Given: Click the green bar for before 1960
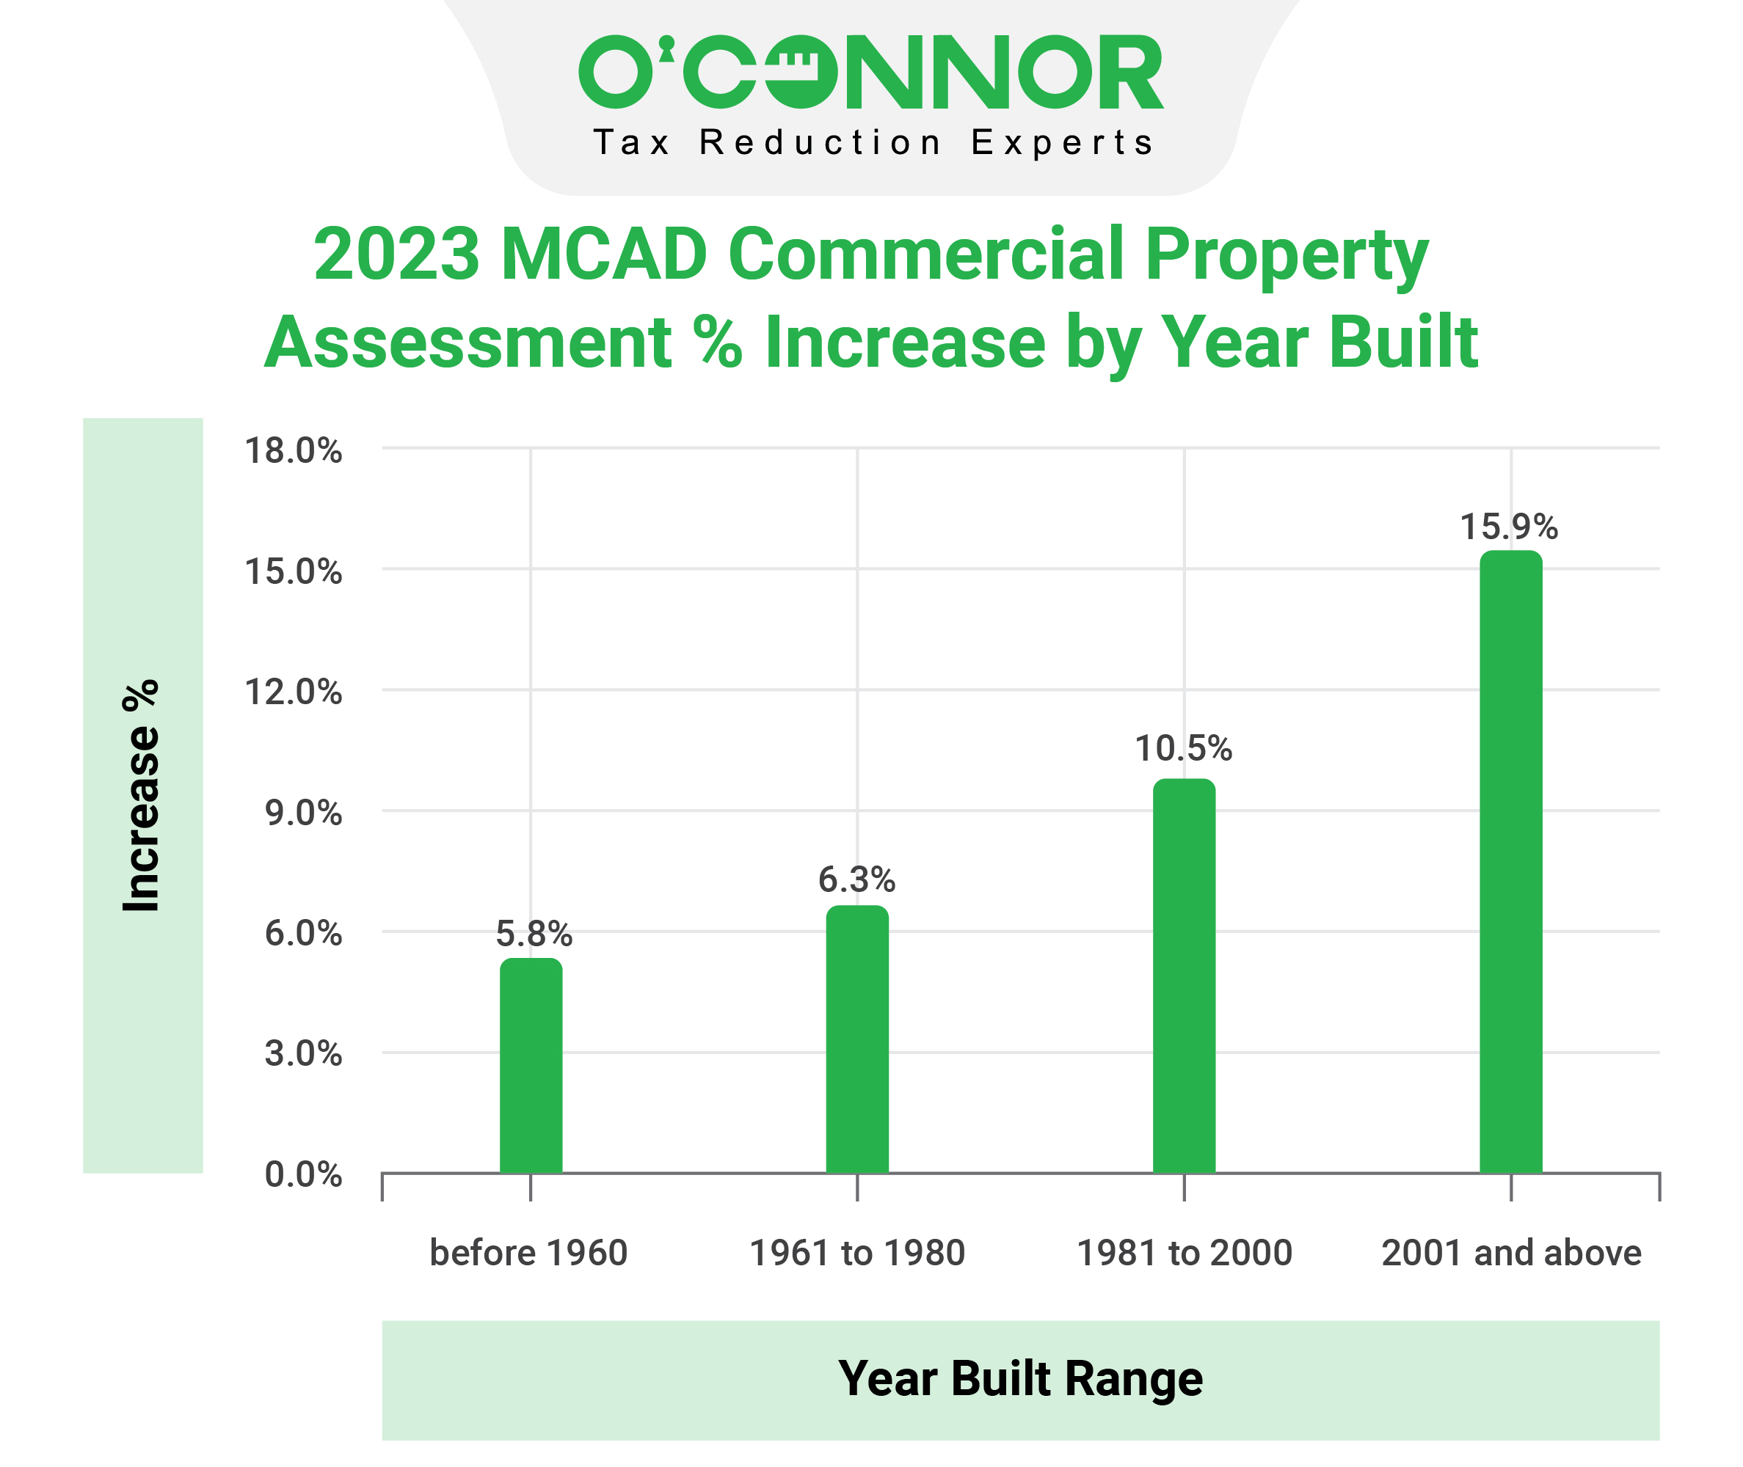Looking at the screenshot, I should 531,1067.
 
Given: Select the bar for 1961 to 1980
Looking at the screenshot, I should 857,1039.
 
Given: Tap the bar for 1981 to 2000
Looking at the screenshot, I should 1184,976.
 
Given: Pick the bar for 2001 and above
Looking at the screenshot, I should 1511,862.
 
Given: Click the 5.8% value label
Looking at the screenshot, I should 534,934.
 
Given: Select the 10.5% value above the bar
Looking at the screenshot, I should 1184,748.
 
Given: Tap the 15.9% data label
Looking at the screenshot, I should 1509,527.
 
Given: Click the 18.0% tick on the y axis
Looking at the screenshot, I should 293,451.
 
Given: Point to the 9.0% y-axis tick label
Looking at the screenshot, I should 303,813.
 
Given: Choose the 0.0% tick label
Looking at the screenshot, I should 303,1174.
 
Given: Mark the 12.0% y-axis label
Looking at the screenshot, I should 293,692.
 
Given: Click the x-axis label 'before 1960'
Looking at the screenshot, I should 528,1252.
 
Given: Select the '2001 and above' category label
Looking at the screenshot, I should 1512,1252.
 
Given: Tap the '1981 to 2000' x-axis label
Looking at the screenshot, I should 1185,1252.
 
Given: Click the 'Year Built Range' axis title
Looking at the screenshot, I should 1020,1379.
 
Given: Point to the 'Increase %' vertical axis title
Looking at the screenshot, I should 142,795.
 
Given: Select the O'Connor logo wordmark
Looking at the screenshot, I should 871,72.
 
